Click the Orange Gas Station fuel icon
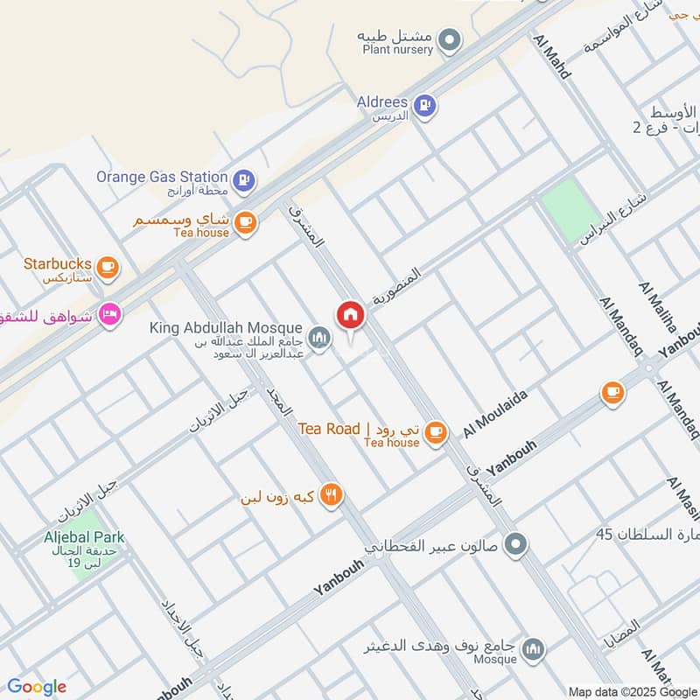click(246, 180)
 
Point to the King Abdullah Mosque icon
click(320, 338)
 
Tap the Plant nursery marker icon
click(450, 39)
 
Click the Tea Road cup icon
click(436, 430)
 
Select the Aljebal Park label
click(84, 537)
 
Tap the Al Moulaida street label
click(495, 414)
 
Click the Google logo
click(36, 687)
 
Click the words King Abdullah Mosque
click(226, 328)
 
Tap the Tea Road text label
click(329, 429)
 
